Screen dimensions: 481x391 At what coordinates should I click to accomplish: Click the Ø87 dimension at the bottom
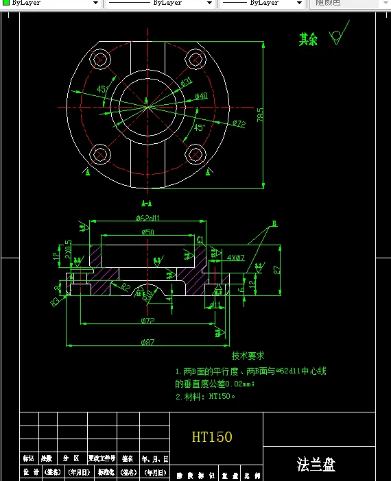pyautogui.click(x=147, y=341)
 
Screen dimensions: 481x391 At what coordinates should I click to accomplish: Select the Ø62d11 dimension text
pyautogui.click(x=147, y=218)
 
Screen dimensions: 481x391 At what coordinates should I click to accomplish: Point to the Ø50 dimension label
pyautogui.click(x=147, y=232)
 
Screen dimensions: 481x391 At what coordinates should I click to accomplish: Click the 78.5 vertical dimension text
pyautogui.click(x=260, y=114)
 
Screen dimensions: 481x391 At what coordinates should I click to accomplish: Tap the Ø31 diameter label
pyautogui.click(x=186, y=83)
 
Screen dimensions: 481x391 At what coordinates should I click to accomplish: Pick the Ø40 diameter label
pyautogui.click(x=201, y=96)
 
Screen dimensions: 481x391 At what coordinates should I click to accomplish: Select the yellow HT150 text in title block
pyautogui.click(x=212, y=436)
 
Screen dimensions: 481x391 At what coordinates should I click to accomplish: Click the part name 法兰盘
pyautogui.click(x=316, y=465)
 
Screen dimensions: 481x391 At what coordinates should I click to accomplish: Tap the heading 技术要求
pyautogui.click(x=248, y=356)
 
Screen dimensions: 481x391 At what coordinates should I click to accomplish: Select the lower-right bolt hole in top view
pyautogui.click(x=197, y=154)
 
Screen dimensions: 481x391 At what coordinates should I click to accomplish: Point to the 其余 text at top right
pyautogui.click(x=308, y=40)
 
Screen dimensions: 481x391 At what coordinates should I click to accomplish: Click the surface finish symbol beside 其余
pyautogui.click(x=336, y=36)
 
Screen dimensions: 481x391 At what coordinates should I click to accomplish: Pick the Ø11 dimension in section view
pyautogui.click(x=215, y=304)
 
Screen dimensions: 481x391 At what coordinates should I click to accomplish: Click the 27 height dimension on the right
pyautogui.click(x=276, y=269)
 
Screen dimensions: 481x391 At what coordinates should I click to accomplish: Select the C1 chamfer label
pyautogui.click(x=200, y=240)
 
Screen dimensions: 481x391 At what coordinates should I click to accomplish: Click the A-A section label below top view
pyautogui.click(x=146, y=203)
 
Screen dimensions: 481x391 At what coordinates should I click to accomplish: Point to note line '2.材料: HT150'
pyautogui.click(x=205, y=396)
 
